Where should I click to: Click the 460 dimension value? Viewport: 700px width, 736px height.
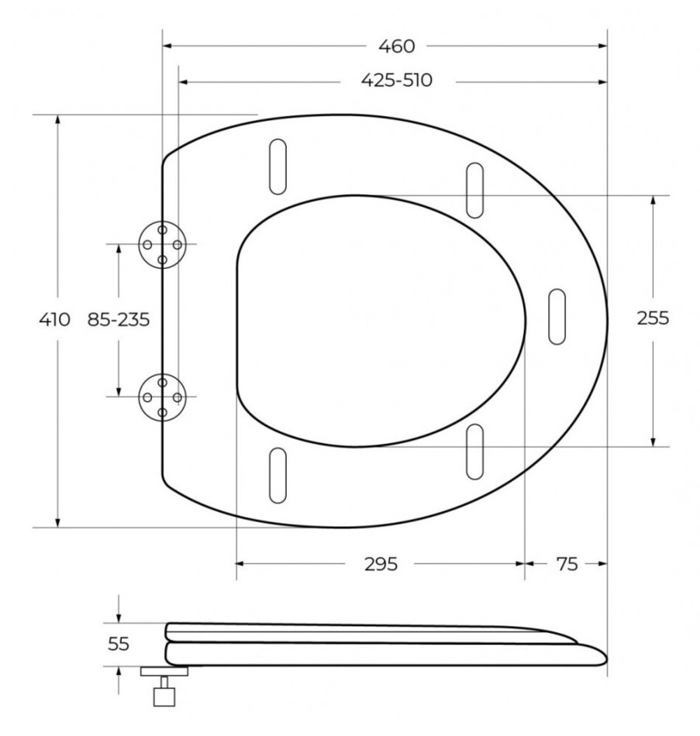tap(396, 46)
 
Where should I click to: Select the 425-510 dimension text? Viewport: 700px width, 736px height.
tap(396, 81)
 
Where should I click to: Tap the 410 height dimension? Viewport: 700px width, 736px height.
tap(54, 319)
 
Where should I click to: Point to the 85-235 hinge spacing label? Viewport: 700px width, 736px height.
tap(119, 319)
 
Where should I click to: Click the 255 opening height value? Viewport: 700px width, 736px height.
tap(653, 318)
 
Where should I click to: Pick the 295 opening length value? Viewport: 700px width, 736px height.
tap(381, 564)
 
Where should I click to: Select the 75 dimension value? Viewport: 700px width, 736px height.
tap(567, 564)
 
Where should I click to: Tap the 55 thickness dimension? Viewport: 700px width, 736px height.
tap(119, 644)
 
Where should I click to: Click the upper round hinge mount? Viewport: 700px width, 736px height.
tap(162, 245)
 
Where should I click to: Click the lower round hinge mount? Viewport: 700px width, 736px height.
tap(162, 397)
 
